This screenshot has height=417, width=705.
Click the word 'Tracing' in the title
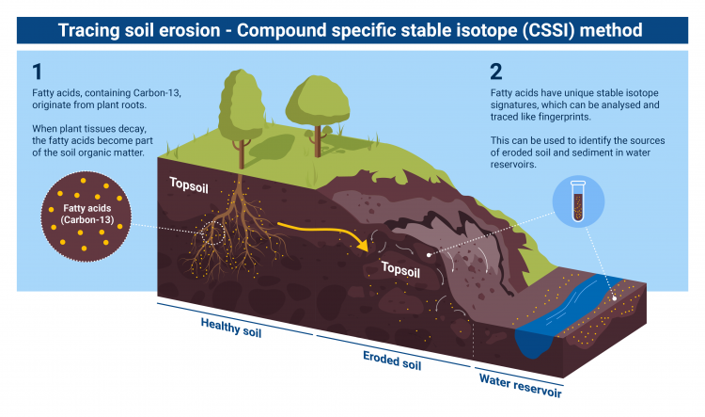[92, 30]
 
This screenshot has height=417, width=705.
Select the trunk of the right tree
[314, 135]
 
